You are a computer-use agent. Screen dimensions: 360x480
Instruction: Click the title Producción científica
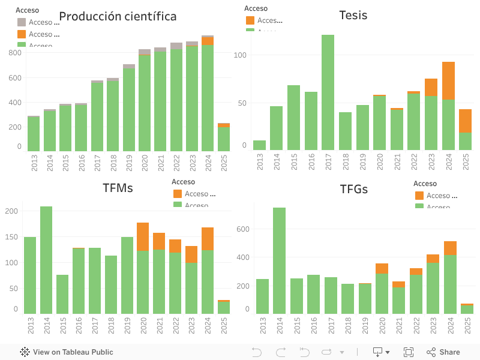pos(118,16)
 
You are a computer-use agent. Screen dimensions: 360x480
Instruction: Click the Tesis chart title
pos(353,15)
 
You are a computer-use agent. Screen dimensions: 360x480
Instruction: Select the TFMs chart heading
pos(118,188)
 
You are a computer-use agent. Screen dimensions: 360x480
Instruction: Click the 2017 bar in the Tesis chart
pos(328,92)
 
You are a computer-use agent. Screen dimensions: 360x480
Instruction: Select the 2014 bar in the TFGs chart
pos(279,260)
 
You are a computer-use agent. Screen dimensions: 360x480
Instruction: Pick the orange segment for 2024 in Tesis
pos(448,80)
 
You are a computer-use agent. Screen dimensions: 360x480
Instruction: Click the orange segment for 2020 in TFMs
pos(143,236)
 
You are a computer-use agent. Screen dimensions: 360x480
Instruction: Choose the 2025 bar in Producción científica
pos(224,139)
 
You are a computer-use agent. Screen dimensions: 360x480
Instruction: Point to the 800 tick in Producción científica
pos(15,53)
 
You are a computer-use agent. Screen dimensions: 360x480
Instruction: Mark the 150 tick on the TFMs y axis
pos(11,237)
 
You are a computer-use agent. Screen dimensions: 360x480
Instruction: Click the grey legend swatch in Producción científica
pos(22,22)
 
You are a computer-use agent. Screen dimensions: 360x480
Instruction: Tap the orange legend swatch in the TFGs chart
pos(419,196)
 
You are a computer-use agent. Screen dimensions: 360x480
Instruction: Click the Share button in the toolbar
pos(443,352)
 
